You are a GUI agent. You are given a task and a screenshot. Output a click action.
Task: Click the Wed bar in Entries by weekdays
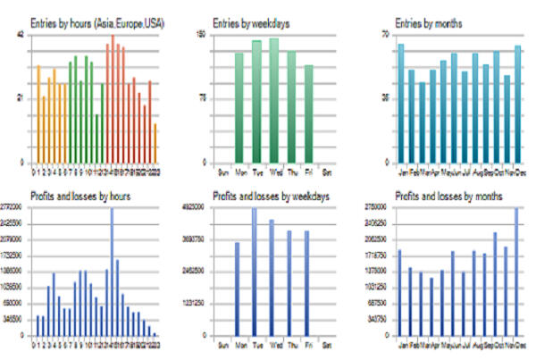tap(273, 100)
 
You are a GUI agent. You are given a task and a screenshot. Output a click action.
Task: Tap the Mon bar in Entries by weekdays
tap(239, 107)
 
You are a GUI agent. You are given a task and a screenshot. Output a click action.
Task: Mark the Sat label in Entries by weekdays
tap(327, 170)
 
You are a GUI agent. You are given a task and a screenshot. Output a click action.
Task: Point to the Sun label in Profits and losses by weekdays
tap(222, 342)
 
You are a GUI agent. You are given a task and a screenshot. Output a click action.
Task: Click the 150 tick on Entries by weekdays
tap(201, 35)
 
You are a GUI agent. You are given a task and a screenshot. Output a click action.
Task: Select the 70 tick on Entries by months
tap(387, 35)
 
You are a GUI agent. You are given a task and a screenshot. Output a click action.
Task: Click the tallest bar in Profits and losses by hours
tap(112, 272)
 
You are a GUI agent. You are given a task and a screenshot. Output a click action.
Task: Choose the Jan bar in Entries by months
tap(401, 103)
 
